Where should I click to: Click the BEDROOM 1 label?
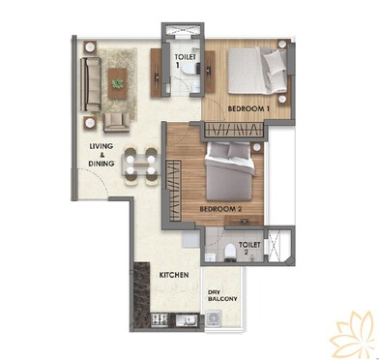point(248,108)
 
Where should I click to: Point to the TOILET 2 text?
point(249,250)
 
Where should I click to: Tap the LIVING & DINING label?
point(102,155)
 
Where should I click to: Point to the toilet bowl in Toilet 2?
point(224,253)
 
